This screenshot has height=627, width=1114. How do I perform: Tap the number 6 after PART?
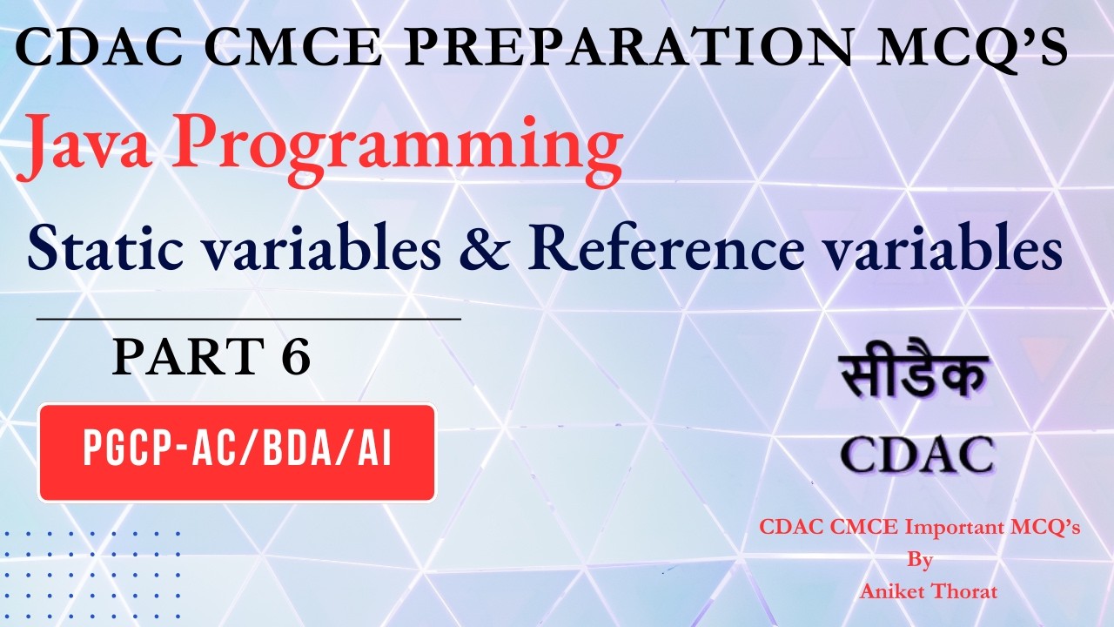(x=297, y=356)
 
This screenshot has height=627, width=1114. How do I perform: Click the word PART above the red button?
(x=188, y=356)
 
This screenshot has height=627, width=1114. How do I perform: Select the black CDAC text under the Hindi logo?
(x=917, y=455)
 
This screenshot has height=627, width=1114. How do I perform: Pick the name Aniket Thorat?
(x=929, y=591)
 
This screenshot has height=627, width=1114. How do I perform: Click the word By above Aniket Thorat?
(x=920, y=560)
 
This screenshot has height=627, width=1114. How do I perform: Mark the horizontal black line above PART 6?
(x=249, y=319)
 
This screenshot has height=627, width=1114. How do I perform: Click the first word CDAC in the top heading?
(x=99, y=48)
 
